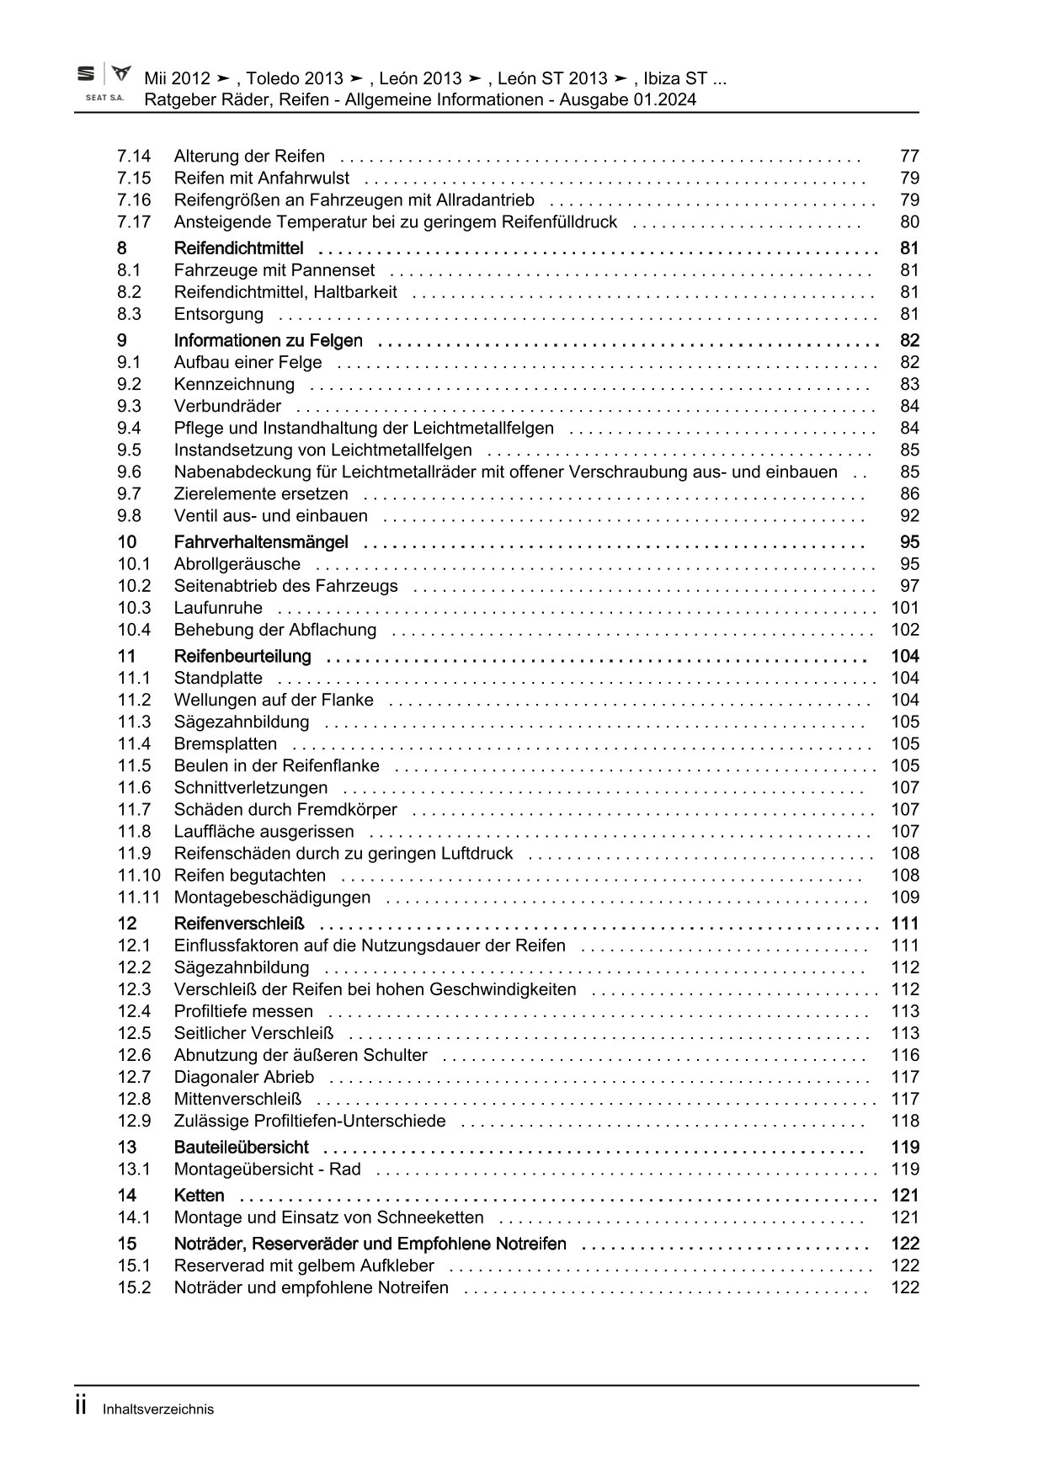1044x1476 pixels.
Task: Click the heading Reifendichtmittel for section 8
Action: (x=238, y=248)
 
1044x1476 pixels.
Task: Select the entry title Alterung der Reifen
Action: (x=249, y=156)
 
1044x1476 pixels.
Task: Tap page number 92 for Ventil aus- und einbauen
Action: (x=909, y=516)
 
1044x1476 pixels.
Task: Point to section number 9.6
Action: (x=130, y=472)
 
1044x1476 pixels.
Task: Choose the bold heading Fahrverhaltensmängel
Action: (x=261, y=542)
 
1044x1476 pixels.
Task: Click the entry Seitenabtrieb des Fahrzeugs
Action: (x=285, y=586)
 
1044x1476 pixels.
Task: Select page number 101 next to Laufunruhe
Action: (x=905, y=608)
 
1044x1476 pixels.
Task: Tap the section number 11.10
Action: (x=139, y=876)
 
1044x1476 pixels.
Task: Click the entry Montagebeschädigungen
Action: (x=272, y=898)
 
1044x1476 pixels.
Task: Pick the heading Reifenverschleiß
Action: (x=239, y=924)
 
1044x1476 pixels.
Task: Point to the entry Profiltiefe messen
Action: (x=243, y=1011)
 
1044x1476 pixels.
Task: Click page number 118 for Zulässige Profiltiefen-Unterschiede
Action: (x=905, y=1121)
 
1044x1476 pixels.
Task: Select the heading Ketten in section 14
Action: (x=199, y=1196)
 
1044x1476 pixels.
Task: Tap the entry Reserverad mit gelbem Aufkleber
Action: (x=304, y=1266)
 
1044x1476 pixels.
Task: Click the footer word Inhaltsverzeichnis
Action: (x=158, y=1409)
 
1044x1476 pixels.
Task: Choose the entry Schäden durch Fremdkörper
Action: (x=285, y=810)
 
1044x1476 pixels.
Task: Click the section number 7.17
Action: (x=134, y=222)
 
